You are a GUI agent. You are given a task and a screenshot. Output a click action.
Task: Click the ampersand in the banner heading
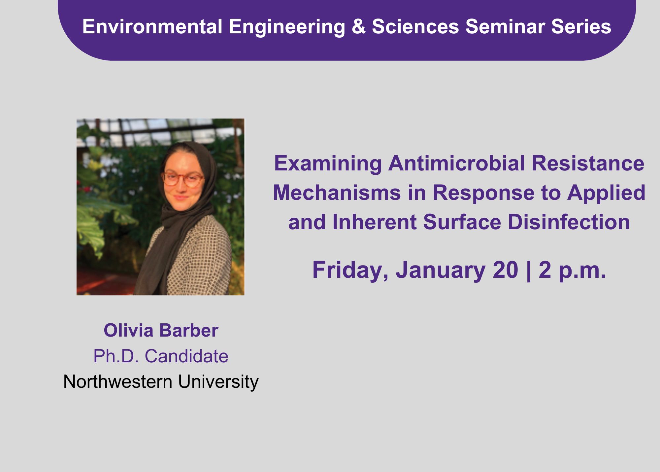[359, 26]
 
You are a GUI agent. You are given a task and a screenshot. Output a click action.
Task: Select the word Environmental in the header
[152, 26]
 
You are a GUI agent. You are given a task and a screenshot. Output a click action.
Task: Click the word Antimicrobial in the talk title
[456, 163]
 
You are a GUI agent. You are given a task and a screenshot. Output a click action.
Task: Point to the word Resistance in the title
[588, 163]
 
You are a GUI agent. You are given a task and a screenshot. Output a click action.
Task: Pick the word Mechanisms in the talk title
[337, 193]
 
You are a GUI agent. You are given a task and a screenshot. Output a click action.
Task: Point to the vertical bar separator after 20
[529, 271]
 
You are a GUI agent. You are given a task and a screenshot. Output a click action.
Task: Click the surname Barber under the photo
[189, 330]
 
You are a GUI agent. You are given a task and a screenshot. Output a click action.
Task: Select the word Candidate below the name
[186, 356]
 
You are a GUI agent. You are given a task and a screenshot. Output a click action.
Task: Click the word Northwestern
[118, 382]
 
